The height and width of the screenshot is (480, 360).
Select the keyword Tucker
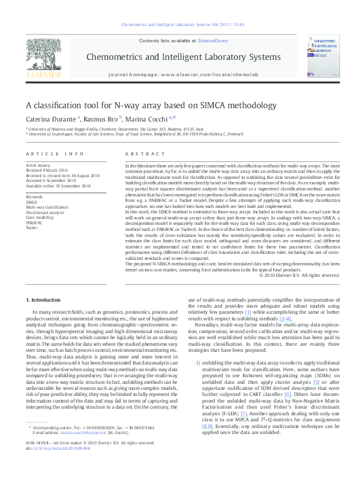(x=31, y=228)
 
